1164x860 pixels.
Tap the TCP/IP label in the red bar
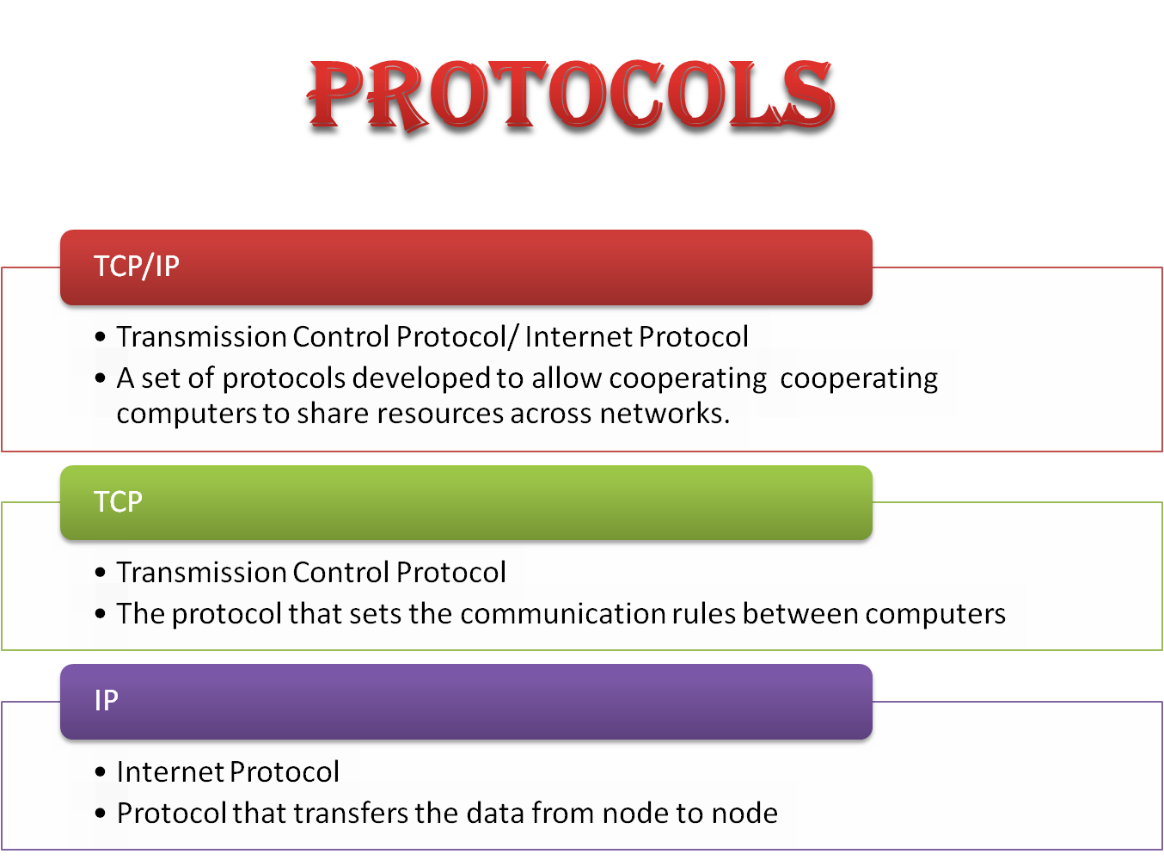(x=137, y=267)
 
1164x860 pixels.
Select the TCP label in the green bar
(x=118, y=501)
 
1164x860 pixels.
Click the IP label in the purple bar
(x=107, y=700)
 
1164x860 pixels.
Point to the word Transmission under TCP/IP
(x=201, y=336)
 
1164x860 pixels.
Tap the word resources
(x=440, y=414)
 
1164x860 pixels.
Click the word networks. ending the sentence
(x=665, y=413)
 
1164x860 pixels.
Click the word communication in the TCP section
(x=562, y=614)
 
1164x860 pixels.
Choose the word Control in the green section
(x=340, y=572)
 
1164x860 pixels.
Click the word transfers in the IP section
(x=351, y=814)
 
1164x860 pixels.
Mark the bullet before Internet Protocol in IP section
(x=101, y=772)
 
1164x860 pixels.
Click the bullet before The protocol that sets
(x=101, y=614)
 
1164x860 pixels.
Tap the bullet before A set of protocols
(x=101, y=378)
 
